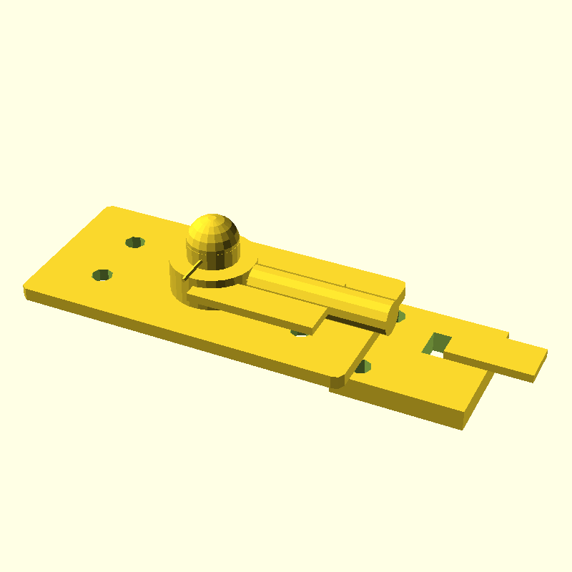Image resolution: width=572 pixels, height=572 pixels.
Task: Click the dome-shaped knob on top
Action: [212, 232]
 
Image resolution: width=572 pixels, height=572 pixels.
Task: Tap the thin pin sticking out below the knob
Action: [191, 271]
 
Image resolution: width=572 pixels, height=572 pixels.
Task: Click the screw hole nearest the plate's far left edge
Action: [103, 275]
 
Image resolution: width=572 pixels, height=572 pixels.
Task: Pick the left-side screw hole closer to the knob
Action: [134, 242]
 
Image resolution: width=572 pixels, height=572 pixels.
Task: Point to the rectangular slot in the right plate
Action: [437, 345]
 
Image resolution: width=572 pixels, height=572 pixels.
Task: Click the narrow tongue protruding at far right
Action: [500, 357]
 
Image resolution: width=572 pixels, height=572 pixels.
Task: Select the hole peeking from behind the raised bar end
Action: [400, 315]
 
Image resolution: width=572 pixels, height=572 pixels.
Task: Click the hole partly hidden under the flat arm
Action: [300, 332]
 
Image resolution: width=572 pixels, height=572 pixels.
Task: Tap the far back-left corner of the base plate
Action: [110, 208]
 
